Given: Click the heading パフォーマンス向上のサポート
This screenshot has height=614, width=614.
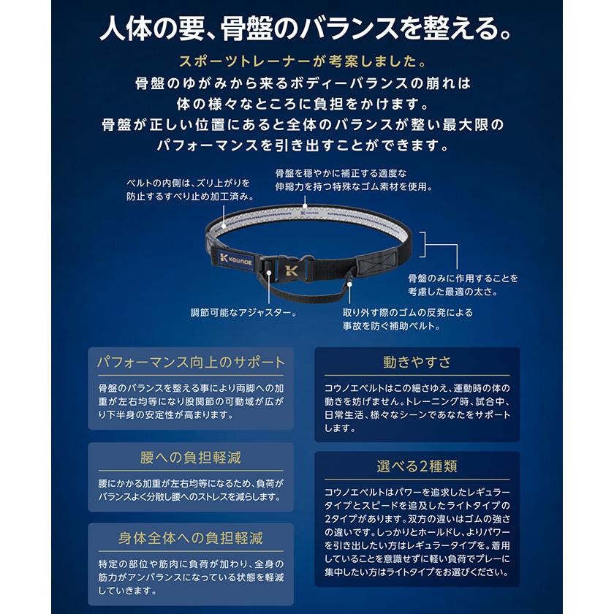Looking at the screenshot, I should [x=191, y=361].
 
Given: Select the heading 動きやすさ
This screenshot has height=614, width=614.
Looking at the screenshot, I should [x=417, y=361].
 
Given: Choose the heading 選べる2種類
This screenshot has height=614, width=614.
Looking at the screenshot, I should [x=417, y=466].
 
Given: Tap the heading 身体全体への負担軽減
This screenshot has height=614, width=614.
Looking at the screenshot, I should [x=191, y=539].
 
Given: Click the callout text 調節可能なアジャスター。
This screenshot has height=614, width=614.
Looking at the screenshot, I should [x=243, y=313].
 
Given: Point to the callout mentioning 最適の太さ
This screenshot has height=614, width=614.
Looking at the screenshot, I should [x=462, y=285].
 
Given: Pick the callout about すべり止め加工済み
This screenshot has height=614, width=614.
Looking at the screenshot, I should [x=189, y=189].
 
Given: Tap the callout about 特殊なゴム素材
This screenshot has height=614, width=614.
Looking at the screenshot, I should [x=353, y=180].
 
